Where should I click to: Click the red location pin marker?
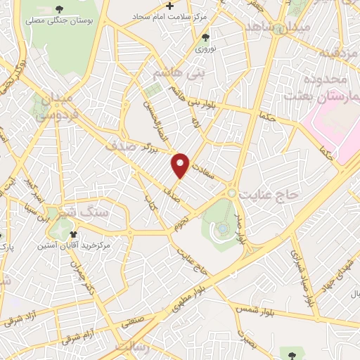(x=181, y=165)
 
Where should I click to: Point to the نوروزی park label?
(x=205, y=50)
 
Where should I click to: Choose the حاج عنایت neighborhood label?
(x=270, y=192)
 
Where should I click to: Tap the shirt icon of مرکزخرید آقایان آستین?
(x=72, y=234)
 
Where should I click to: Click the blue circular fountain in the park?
(x=222, y=228)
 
